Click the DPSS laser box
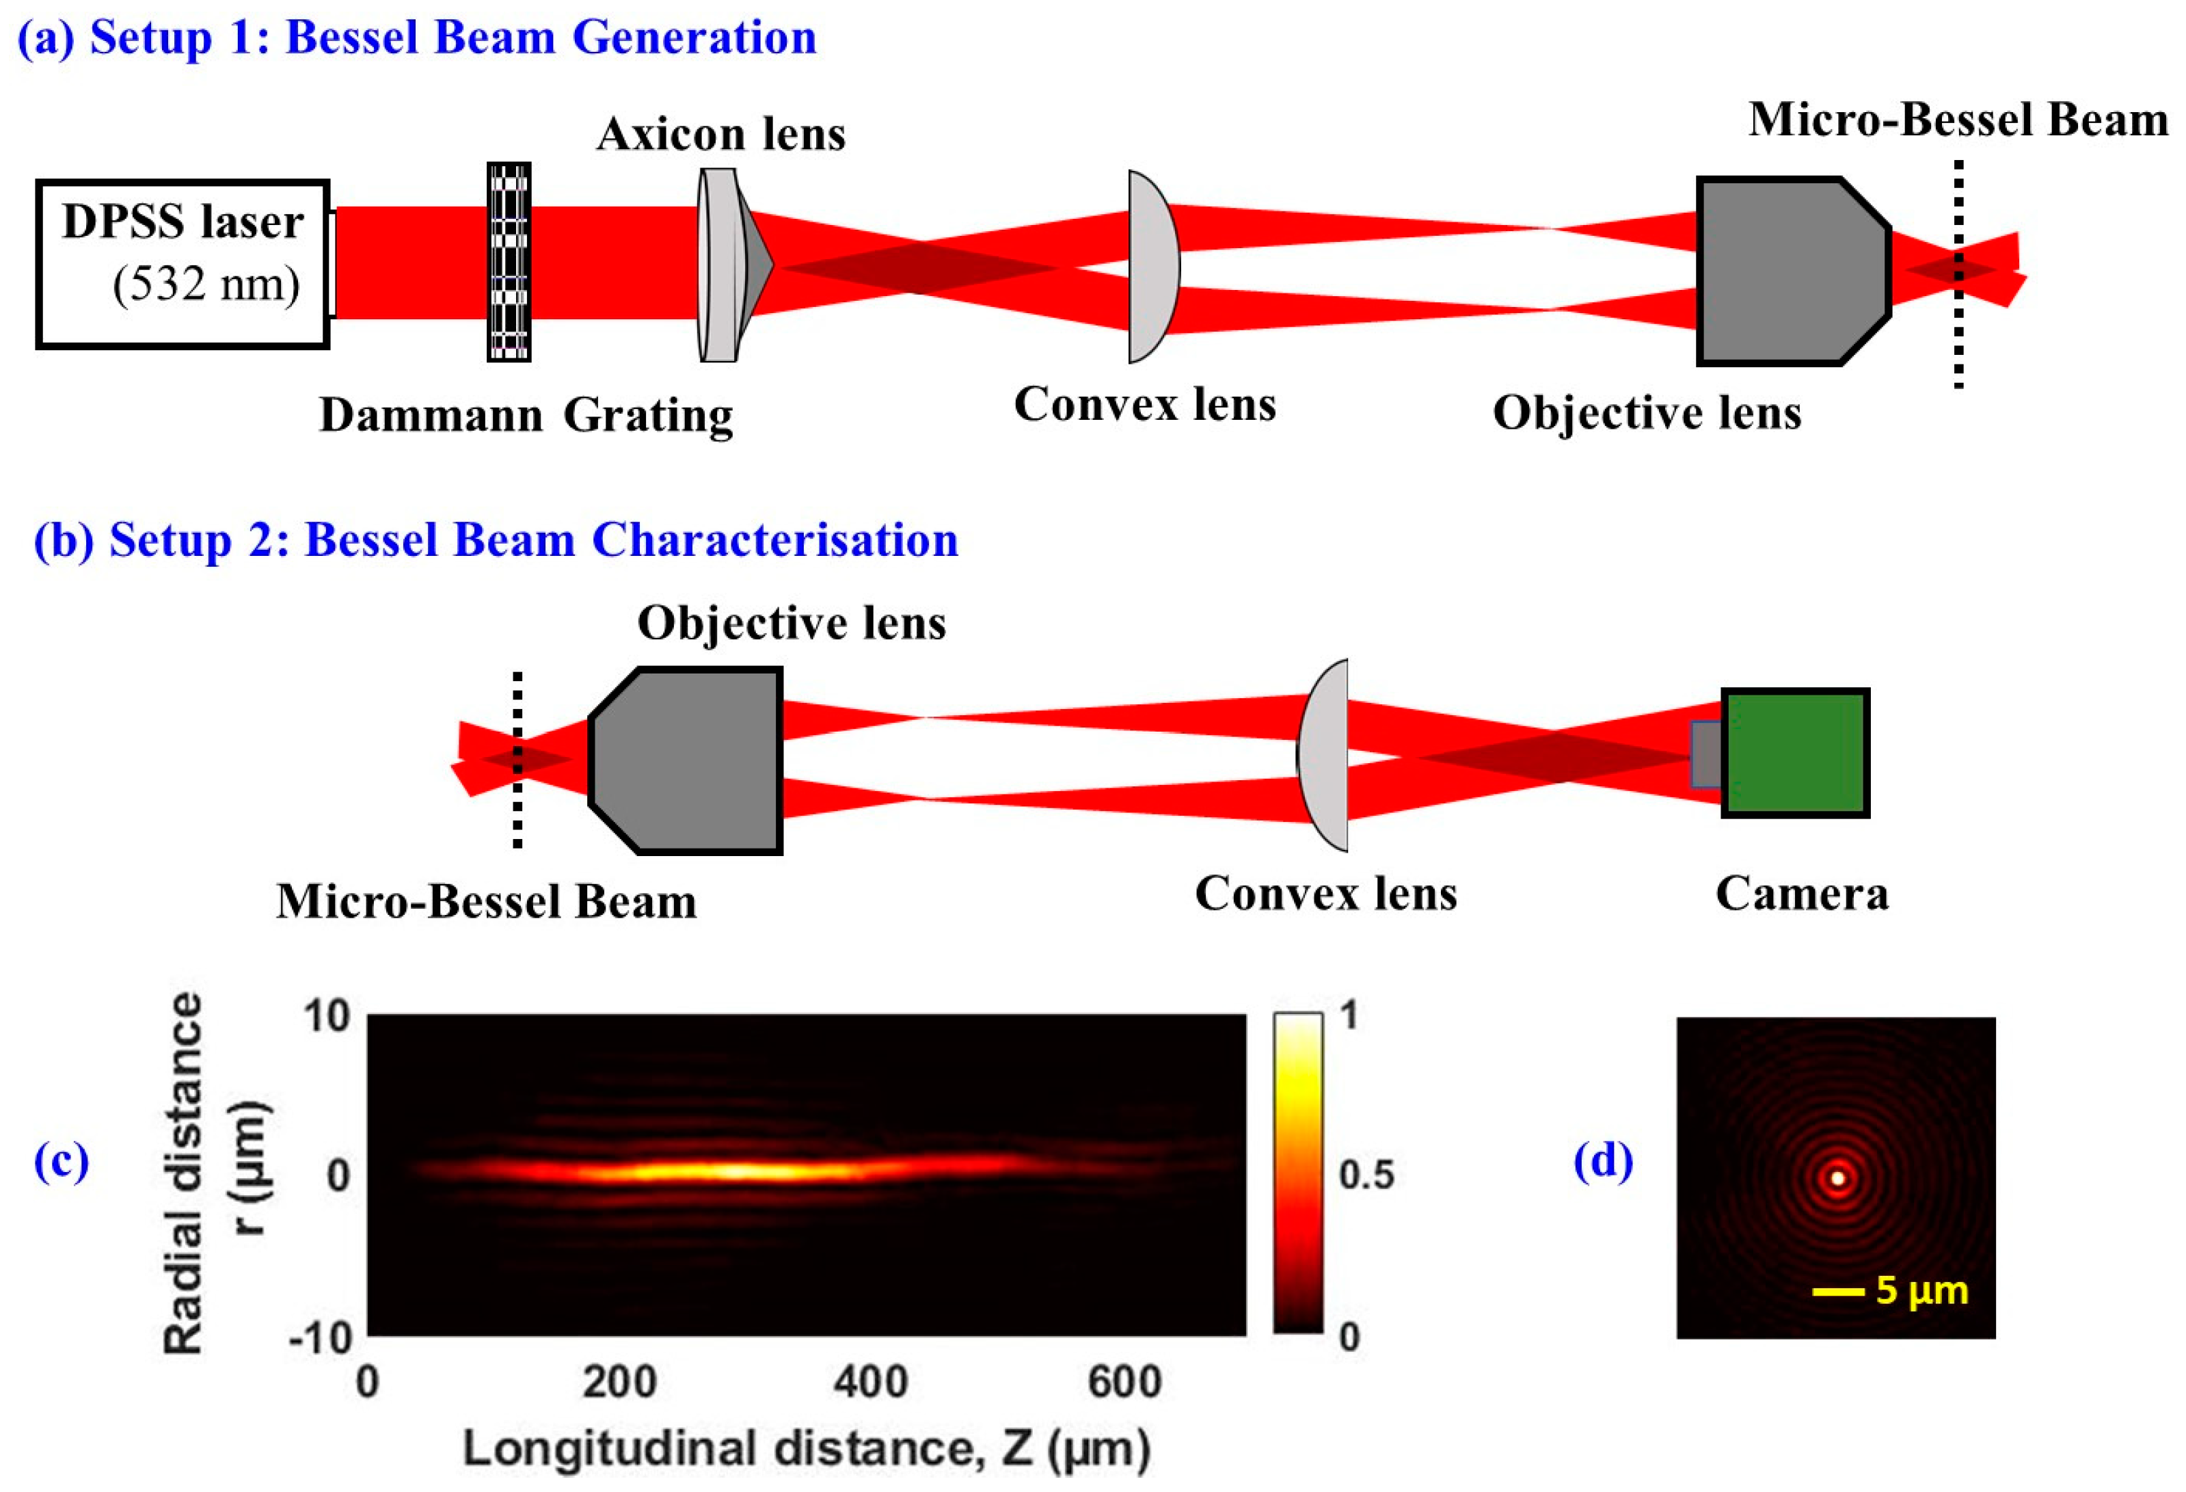(183, 265)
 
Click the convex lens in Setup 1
(1152, 266)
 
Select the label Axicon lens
(720, 135)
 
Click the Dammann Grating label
(526, 415)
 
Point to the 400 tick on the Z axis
(870, 1382)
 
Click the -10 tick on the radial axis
(320, 1337)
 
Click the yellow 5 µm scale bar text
(1921, 1291)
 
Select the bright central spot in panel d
(1837, 1177)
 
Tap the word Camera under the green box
(1801, 894)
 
